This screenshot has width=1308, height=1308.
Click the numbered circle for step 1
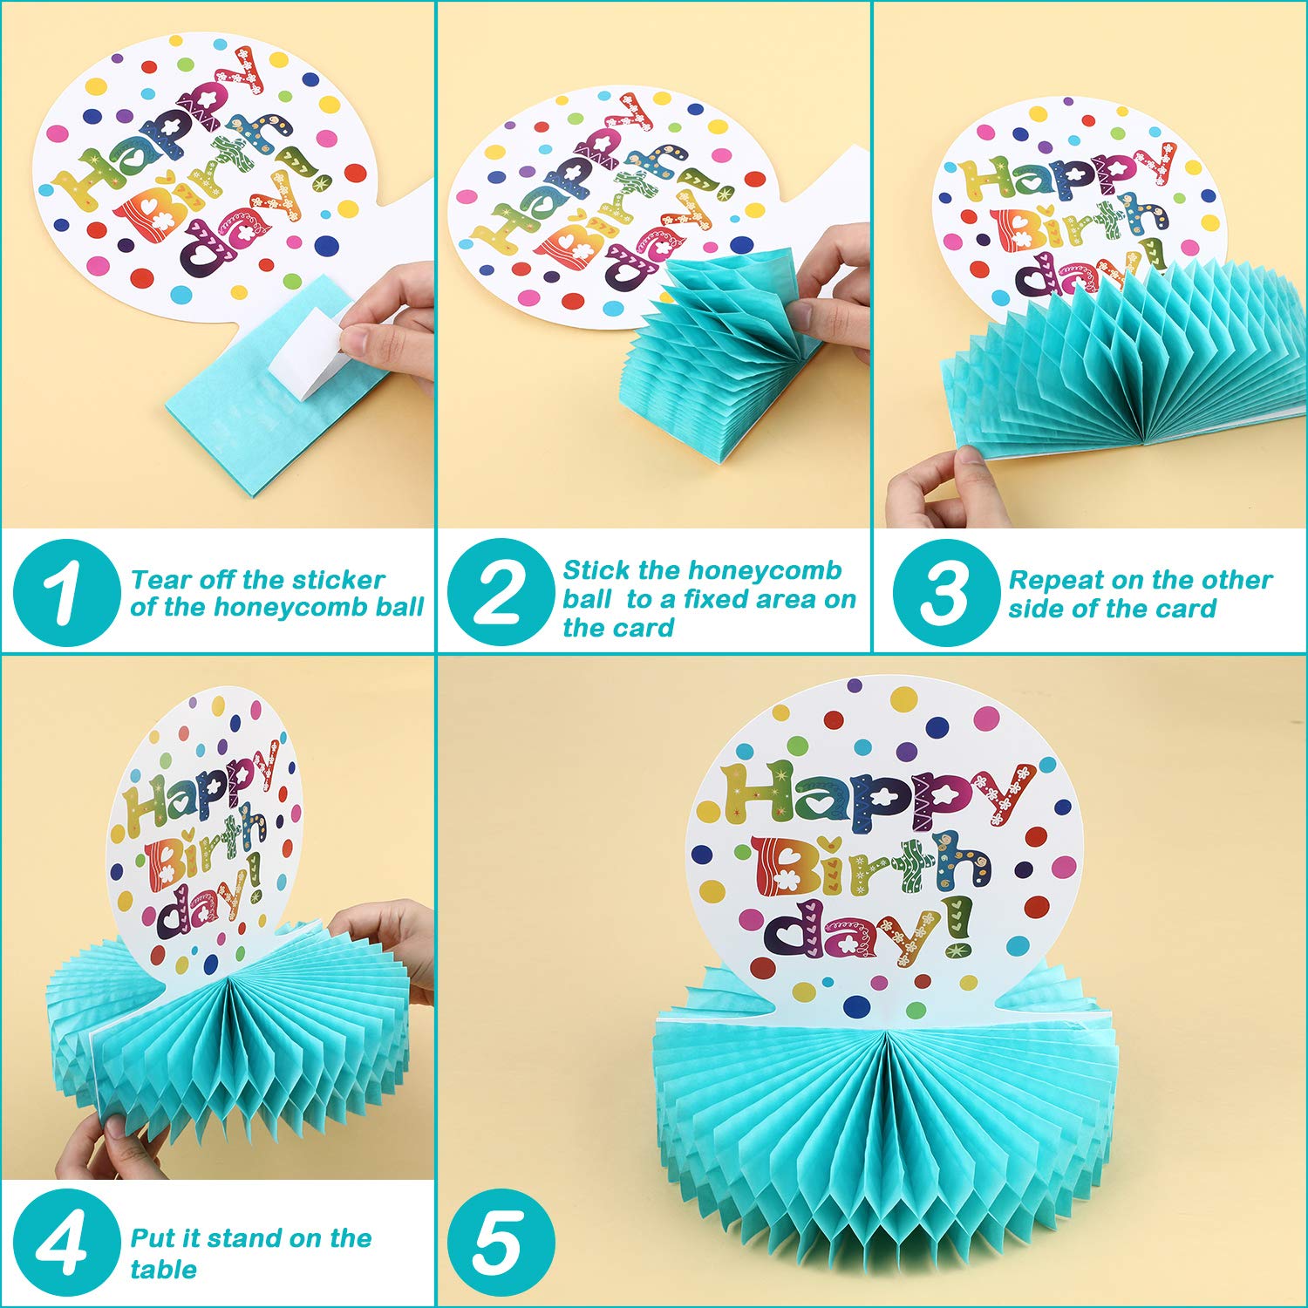66,593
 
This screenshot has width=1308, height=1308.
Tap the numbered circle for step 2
501,593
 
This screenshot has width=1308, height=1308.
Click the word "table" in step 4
163,1269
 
